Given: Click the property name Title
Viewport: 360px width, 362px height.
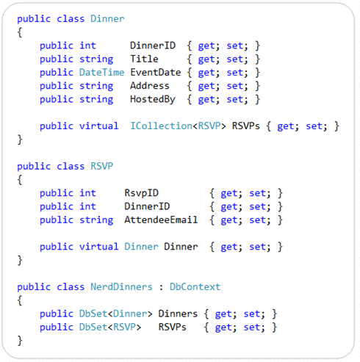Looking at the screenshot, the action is pyautogui.click(x=144, y=59).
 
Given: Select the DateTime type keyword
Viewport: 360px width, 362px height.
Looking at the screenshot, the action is pyautogui.click(x=101, y=73).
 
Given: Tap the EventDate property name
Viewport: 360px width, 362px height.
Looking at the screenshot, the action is pyautogui.click(x=156, y=73).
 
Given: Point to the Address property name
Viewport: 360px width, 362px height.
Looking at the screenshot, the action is pyautogui.click(x=150, y=86).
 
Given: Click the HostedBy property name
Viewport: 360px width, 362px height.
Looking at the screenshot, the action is pyautogui.click(x=153, y=99).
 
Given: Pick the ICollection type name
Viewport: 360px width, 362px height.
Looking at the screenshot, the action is pyautogui.click(x=161, y=126).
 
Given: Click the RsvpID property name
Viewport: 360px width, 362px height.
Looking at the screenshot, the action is pyautogui.click(x=141, y=193).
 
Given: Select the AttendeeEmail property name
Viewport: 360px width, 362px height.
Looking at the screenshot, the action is pyautogui.click(x=161, y=220).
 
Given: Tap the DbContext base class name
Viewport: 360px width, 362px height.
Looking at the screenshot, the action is pyautogui.click(x=195, y=286).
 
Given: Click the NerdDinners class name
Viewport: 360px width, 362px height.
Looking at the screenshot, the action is pyautogui.click(x=121, y=286).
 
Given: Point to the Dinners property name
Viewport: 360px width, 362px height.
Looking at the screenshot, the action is pyautogui.click(x=178, y=314).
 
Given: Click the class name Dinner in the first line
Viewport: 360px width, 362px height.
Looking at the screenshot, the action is pyautogui.click(x=107, y=19).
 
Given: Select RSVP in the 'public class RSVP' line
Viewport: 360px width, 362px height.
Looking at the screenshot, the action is pyautogui.click(x=102, y=166).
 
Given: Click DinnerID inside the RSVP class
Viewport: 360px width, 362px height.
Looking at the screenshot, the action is pyautogui.click(x=147, y=206).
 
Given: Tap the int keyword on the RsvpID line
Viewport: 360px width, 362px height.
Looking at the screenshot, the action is pyautogui.click(x=87, y=193).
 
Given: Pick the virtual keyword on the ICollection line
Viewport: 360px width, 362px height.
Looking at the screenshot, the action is pyautogui.click(x=99, y=126).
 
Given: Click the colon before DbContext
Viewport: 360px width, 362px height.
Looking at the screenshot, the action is pyautogui.click(x=161, y=287).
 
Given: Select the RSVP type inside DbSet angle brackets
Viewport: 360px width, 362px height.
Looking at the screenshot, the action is pyautogui.click(x=124, y=327).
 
